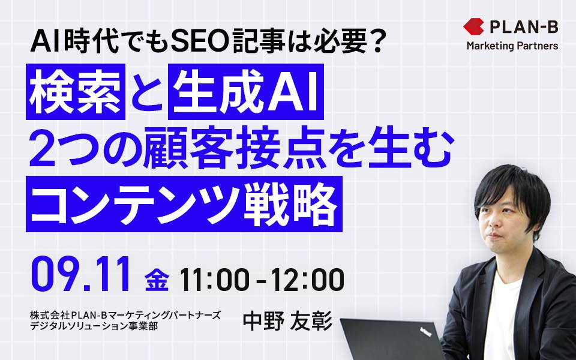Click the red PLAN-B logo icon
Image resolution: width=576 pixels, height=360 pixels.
point(473,27)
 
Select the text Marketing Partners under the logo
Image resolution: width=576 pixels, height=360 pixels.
point(512,46)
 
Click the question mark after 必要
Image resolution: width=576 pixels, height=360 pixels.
point(375,43)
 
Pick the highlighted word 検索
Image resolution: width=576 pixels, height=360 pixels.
point(76,92)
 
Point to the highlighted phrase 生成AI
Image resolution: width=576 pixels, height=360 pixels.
point(246,92)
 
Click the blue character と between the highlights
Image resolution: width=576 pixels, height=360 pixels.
point(146,92)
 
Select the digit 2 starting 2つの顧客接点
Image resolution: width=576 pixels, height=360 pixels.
point(42,148)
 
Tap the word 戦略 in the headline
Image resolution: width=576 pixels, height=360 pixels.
point(290,204)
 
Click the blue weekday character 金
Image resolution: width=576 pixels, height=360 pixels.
point(157,280)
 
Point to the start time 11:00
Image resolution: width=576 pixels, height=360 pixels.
point(214,280)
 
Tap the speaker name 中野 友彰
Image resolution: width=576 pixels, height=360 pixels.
point(287,320)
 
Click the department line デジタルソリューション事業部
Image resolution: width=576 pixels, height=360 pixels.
point(94,325)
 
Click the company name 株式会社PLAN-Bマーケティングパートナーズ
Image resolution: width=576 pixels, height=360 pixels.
point(125,315)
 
